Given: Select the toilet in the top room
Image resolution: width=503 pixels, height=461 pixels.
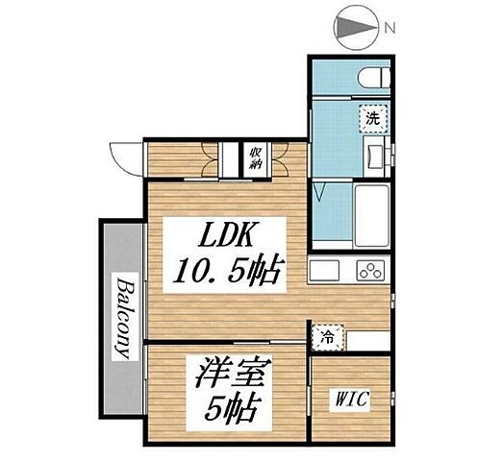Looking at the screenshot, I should point(374,77).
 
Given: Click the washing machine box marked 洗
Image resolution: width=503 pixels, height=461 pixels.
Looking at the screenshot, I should point(372,119).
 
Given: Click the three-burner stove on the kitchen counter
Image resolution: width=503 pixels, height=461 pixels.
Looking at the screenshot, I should point(370,269).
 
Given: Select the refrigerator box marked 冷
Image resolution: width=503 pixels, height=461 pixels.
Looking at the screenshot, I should point(327,338).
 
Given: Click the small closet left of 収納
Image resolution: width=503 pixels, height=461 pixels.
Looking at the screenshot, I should point(229,158).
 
